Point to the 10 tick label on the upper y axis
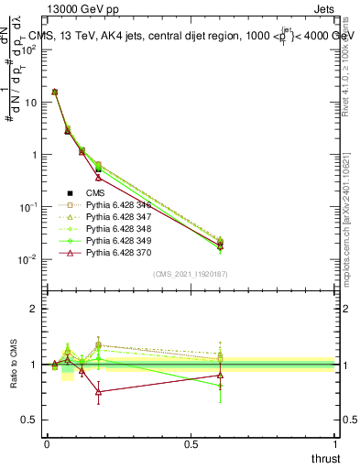click(30, 103)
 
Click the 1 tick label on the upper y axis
click(35, 155)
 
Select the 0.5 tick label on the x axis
click(191, 444)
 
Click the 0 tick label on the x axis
click(47, 444)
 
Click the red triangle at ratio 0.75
click(98, 392)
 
